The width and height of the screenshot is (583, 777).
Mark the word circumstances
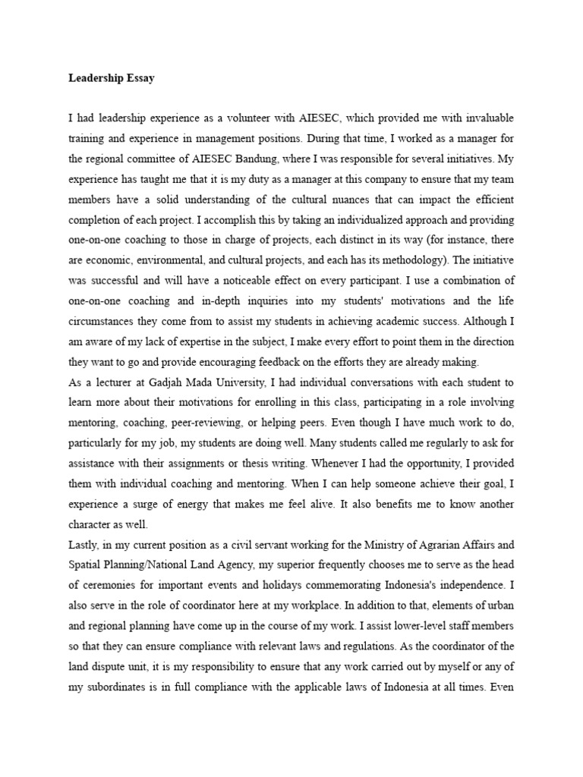click(x=103, y=322)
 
